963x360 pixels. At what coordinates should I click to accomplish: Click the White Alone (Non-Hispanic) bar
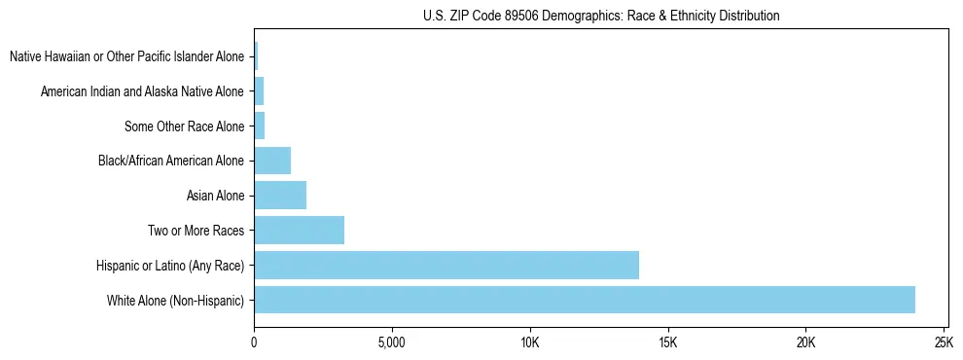pos(584,300)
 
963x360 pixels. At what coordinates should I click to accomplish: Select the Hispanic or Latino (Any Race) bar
pos(446,265)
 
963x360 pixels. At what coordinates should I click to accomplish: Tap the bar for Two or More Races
pos(299,231)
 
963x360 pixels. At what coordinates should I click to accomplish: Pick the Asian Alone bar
pos(280,196)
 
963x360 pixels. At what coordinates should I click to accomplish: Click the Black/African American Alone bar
pos(272,161)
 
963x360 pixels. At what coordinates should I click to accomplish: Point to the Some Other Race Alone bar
pos(260,126)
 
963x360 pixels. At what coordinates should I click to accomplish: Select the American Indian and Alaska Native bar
pos(259,91)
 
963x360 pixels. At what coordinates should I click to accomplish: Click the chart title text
pos(601,16)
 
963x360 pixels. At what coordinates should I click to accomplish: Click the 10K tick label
pos(529,342)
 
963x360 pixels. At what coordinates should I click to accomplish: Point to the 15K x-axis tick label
pos(667,342)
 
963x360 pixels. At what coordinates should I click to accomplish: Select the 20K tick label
pos(805,342)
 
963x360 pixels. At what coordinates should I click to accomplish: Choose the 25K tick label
pos(943,342)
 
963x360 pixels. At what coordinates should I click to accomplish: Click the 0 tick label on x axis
pos(254,342)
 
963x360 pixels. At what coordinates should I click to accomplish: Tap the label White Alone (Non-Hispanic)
pos(176,301)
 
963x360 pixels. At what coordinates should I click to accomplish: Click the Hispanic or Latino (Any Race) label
pos(170,266)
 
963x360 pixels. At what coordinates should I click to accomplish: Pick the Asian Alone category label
pos(215,196)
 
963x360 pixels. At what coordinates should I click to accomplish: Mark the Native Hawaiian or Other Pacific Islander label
pos(126,56)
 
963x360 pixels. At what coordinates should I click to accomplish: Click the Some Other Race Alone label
pos(184,126)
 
